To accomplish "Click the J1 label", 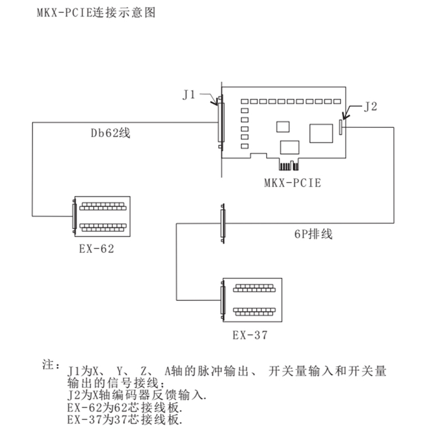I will pyautogui.click(x=189, y=95).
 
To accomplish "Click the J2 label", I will pyautogui.click(x=370, y=107).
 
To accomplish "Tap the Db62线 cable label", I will pyautogui.click(x=111, y=133).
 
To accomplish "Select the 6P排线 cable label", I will pyautogui.click(x=313, y=233).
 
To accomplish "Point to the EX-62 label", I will pyautogui.click(x=96, y=248).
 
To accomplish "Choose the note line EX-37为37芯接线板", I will pyautogui.click(x=124, y=419).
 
